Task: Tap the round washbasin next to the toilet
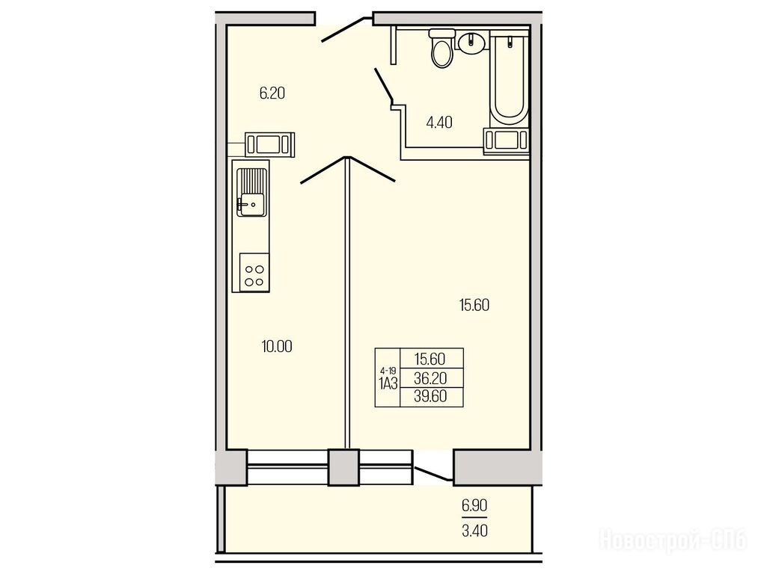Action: tap(471, 43)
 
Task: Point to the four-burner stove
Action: tap(254, 272)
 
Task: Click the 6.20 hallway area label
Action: tap(272, 93)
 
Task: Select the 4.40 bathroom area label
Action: tap(439, 123)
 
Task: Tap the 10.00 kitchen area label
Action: tap(277, 346)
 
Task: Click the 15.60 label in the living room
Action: tap(474, 305)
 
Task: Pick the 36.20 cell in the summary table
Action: tap(430, 378)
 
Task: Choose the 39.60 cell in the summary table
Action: tap(430, 396)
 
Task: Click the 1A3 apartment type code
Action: tap(388, 384)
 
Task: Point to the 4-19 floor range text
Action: tap(388, 371)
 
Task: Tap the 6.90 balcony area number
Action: tap(474, 506)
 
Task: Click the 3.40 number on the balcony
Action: tap(474, 531)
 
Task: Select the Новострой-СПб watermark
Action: tap(673, 540)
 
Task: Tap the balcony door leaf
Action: tap(433, 473)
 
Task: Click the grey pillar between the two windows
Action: tap(343, 467)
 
